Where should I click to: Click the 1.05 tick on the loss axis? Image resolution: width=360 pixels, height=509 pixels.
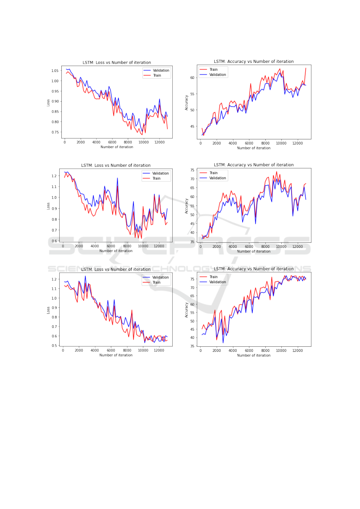(x=55, y=71)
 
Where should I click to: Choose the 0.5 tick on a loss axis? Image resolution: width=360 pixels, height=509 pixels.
(x=54, y=346)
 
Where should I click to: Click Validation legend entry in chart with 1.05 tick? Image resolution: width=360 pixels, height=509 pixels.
(x=161, y=70)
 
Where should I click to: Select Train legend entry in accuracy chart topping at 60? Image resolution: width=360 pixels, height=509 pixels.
(x=213, y=70)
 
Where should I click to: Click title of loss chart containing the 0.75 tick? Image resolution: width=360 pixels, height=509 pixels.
(x=117, y=63)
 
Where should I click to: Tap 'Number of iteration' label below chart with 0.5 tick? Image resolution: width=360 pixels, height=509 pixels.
(x=116, y=355)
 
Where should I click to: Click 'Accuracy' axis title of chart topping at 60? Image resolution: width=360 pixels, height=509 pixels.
(x=186, y=103)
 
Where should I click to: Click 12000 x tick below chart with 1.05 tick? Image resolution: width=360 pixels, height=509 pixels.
(x=159, y=142)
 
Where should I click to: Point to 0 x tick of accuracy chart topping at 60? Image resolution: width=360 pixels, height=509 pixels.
(x=200, y=143)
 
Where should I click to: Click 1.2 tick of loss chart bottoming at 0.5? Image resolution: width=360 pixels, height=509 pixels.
(x=54, y=279)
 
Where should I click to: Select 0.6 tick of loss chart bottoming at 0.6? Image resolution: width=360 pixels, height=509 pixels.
(x=54, y=241)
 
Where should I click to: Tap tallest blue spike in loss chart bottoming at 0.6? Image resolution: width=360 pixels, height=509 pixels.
(x=117, y=178)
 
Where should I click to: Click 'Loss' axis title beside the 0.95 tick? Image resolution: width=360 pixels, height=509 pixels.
(x=48, y=103)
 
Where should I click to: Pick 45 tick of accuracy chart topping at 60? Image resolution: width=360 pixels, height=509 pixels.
(x=192, y=127)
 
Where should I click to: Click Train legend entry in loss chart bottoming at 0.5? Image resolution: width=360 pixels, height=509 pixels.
(x=157, y=282)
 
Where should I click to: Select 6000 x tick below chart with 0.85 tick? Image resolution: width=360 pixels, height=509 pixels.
(x=112, y=142)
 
